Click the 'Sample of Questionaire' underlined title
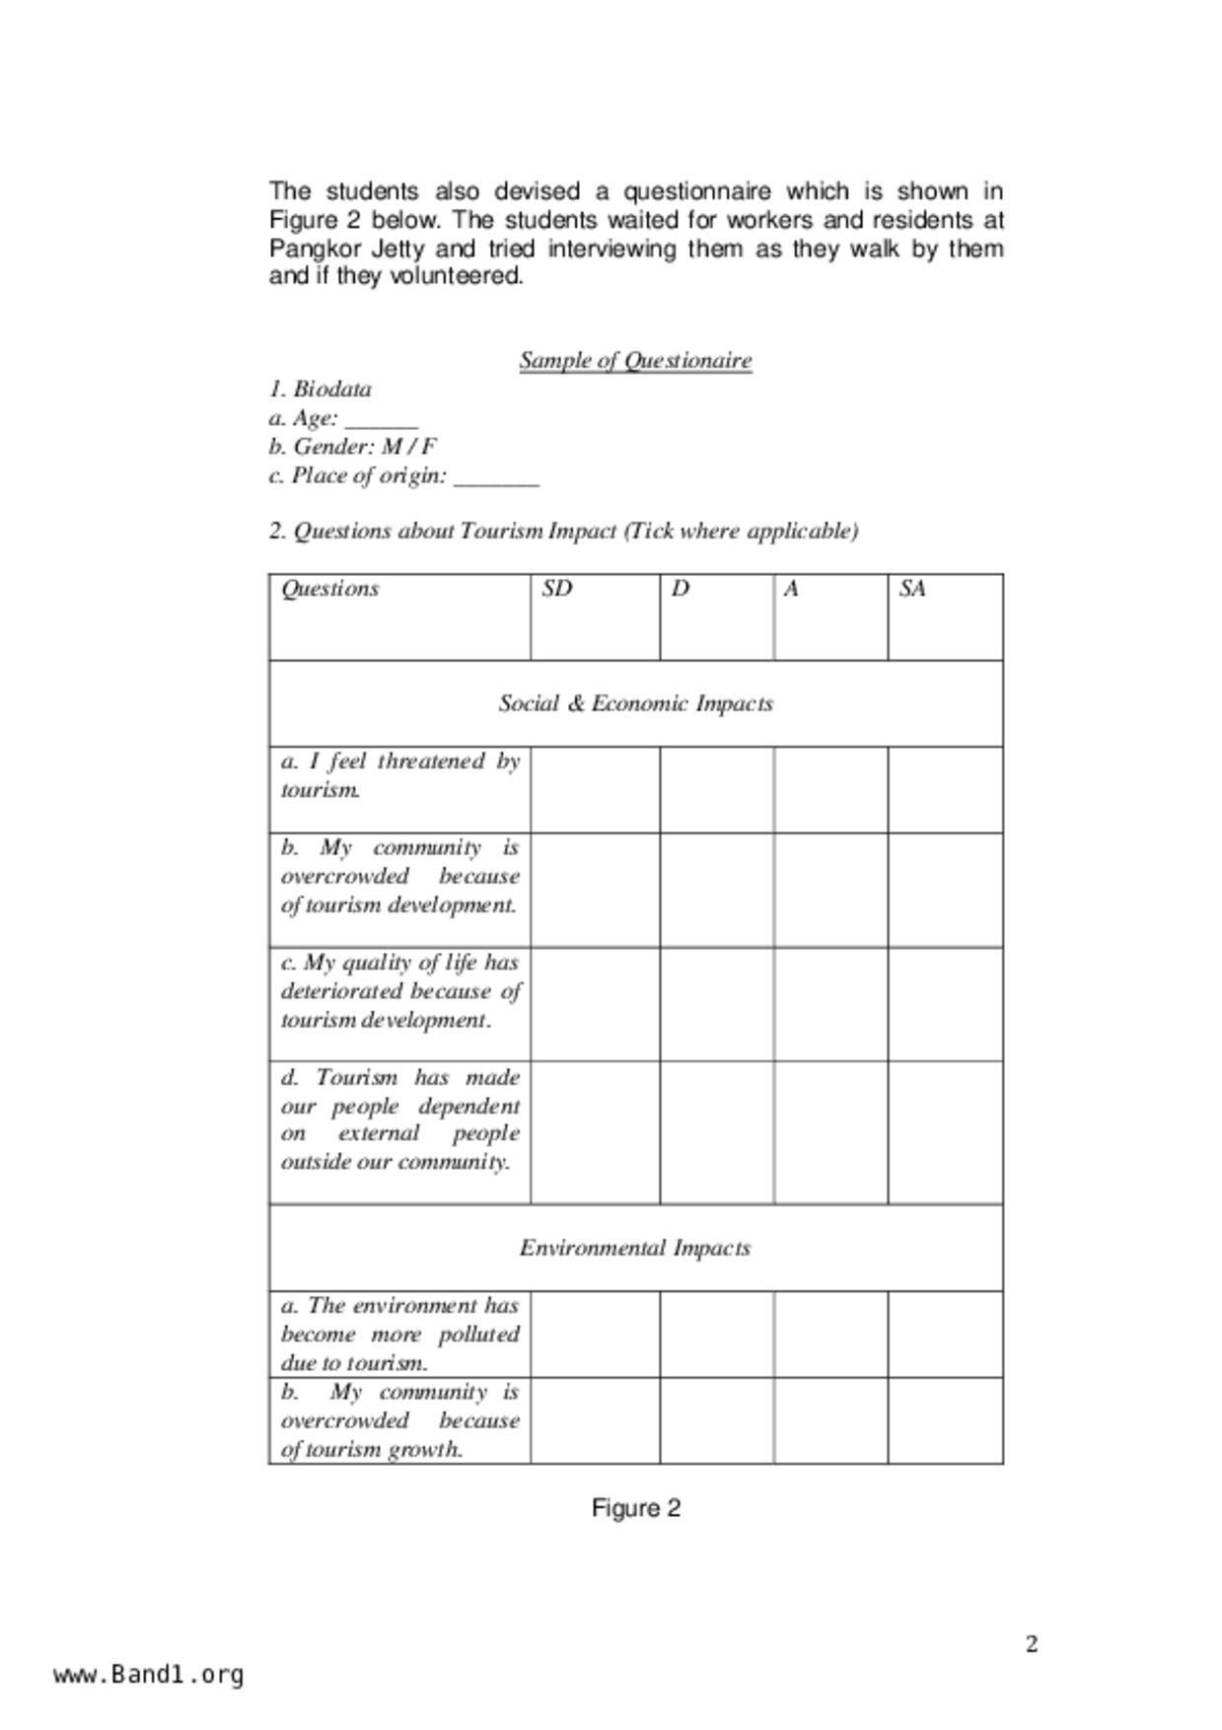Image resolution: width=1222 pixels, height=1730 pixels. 635,360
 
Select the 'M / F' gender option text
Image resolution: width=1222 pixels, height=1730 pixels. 409,447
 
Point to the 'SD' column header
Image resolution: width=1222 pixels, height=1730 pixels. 557,589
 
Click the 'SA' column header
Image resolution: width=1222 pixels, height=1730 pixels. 912,589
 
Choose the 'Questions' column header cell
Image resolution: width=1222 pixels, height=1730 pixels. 330,589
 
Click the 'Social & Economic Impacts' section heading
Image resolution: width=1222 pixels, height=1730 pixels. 635,703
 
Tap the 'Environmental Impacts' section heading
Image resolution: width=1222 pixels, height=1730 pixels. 635,1248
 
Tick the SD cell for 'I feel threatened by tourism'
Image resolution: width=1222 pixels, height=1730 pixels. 595,789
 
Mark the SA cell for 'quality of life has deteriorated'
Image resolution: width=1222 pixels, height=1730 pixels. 945,1004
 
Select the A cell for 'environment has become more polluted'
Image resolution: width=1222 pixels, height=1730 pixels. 830,1334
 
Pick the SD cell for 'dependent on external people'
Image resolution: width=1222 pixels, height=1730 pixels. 595,1132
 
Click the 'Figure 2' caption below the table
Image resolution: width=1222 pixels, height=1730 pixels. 635,1508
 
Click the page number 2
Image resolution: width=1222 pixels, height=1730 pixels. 1032,1644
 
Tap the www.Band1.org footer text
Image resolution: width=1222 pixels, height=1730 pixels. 149,1675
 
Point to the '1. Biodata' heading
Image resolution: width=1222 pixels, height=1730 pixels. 321,390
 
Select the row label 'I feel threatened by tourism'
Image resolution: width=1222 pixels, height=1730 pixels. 399,775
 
